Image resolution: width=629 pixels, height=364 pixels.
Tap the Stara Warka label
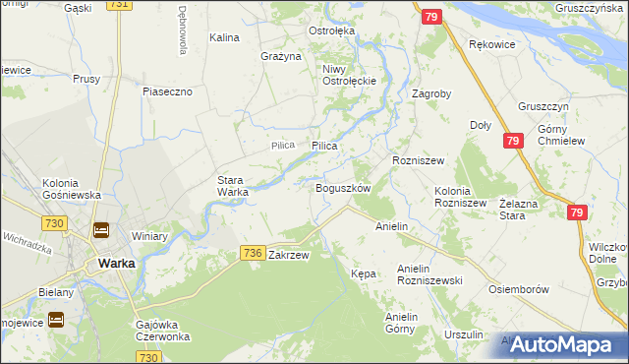pos(233,186)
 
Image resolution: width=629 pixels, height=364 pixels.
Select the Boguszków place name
pos(342,187)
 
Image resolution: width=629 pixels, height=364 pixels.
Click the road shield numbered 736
pos(252,253)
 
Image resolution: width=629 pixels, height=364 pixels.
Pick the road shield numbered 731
pos(119,5)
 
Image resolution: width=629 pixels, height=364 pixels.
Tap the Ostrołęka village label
pos(331,30)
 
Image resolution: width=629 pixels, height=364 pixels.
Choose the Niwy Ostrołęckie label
pos(344,75)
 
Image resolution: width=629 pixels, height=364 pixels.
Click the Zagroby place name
pos(431,94)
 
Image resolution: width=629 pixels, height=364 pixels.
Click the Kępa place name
pos(364,273)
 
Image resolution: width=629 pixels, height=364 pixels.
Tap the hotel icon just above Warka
pos(101,231)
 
